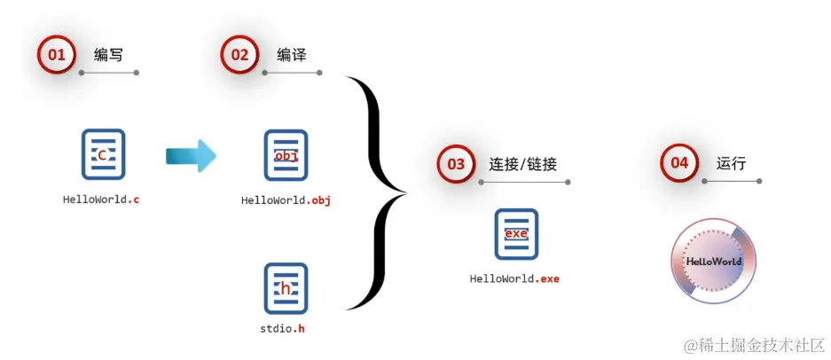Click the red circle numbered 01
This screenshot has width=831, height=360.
pyautogui.click(x=57, y=55)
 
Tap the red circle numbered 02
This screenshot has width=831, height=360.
pyautogui.click(x=240, y=55)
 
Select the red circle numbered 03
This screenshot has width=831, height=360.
pyautogui.click(x=456, y=164)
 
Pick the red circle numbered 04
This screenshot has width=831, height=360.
pyautogui.click(x=679, y=163)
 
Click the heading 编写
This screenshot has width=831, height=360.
pyautogui.click(x=108, y=55)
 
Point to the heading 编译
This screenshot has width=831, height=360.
pyautogui.click(x=292, y=55)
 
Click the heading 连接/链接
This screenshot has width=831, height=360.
pyautogui.click(x=523, y=164)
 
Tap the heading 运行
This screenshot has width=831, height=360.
pyautogui.click(x=732, y=163)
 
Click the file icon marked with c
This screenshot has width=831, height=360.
pyautogui.click(x=103, y=154)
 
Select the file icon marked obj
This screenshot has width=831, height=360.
pyautogui.click(x=286, y=155)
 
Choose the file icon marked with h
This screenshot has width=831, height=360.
pyautogui.click(x=286, y=288)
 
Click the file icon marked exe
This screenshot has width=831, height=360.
pyautogui.click(x=516, y=233)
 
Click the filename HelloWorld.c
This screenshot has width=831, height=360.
pyautogui.click(x=101, y=200)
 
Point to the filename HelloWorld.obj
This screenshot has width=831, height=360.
pyautogui.click(x=286, y=200)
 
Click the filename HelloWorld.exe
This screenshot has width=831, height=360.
pyautogui.click(x=514, y=278)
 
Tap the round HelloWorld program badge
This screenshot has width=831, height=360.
pyautogui.click(x=714, y=262)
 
